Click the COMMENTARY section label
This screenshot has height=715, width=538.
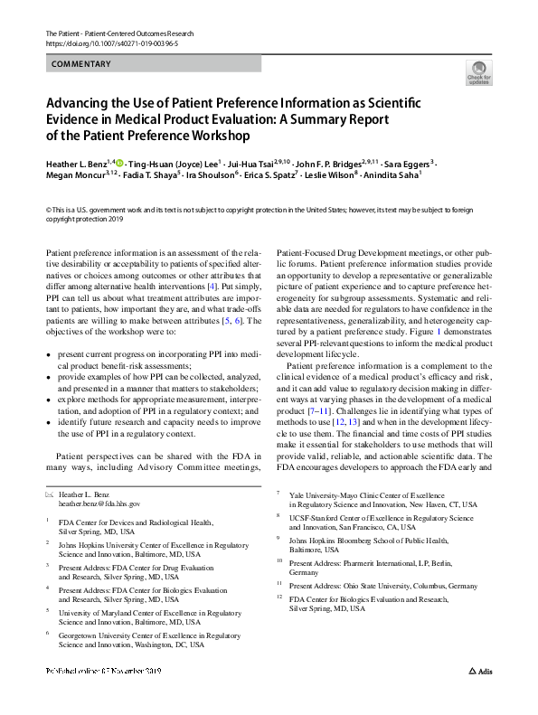(x=80, y=64)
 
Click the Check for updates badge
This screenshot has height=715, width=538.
(x=477, y=71)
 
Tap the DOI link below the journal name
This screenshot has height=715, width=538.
(x=112, y=42)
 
